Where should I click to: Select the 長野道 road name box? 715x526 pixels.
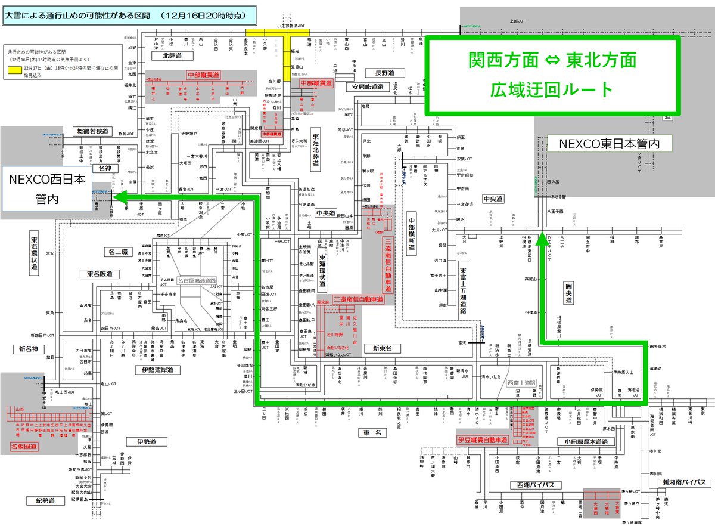pyautogui.click(x=381, y=73)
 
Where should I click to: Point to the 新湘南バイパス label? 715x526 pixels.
pyautogui.click(x=682, y=482)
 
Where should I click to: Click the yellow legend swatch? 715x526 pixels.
pyautogui.click(x=13, y=70)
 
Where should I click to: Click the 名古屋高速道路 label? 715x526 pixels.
pyautogui.click(x=197, y=280)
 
